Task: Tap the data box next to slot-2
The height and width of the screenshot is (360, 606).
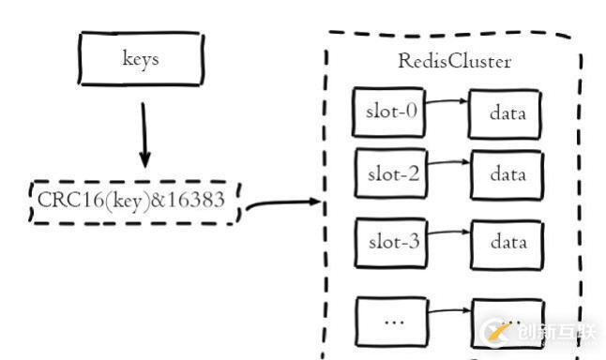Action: tap(506, 175)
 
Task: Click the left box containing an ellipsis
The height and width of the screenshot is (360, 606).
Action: tap(392, 321)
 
